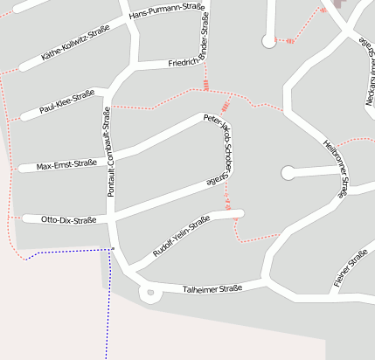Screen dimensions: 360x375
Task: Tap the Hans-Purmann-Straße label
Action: (x=166, y=11)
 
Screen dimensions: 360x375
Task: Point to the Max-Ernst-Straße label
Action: (x=66, y=163)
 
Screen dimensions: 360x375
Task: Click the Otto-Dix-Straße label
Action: (x=68, y=220)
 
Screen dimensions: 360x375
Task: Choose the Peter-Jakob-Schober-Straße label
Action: (x=221, y=149)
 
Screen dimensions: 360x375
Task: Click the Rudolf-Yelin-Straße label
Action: (x=182, y=238)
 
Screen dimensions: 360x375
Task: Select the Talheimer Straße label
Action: (x=212, y=288)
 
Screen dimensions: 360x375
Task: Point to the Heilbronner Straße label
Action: (x=336, y=166)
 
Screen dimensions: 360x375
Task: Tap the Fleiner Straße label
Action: (x=350, y=269)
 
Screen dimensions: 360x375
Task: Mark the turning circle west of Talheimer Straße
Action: (x=149, y=292)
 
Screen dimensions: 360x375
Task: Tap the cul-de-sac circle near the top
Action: (x=268, y=41)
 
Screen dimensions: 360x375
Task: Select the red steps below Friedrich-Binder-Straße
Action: (x=206, y=85)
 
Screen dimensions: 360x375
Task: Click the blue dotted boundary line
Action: (x=70, y=251)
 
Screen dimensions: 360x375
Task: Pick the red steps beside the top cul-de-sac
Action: (x=286, y=41)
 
